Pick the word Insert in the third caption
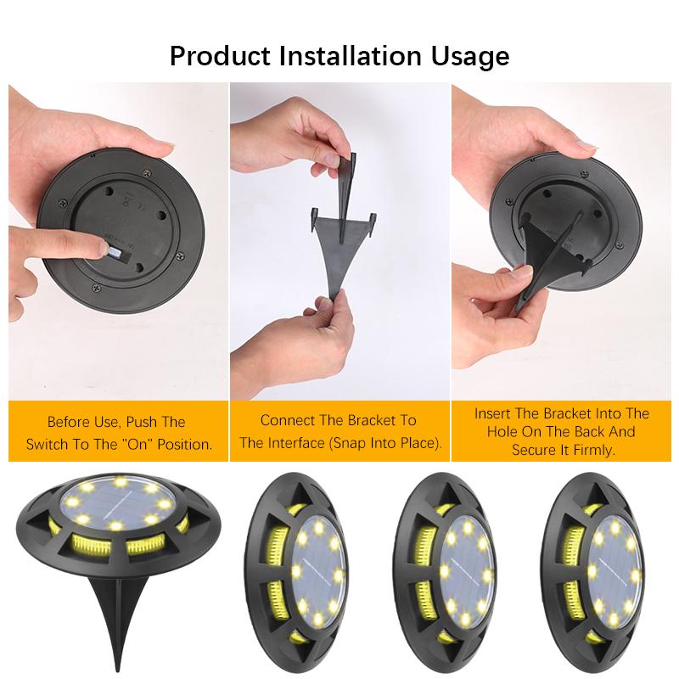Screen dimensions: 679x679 493,413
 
